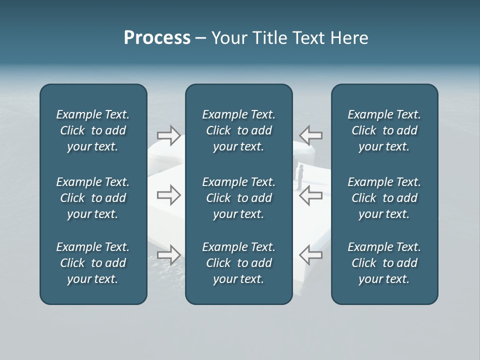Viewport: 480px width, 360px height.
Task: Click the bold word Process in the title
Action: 157,38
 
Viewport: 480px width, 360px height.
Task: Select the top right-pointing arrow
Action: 169,135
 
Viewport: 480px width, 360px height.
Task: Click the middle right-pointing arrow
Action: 169,195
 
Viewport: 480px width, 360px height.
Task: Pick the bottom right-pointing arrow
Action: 169,254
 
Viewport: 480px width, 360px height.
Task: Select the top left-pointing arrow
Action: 310,135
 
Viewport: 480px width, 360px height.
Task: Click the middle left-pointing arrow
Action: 310,195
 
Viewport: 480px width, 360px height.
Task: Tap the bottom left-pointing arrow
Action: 310,254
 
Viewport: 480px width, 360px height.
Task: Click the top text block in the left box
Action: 93,130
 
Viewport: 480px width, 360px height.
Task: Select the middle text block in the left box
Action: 93,198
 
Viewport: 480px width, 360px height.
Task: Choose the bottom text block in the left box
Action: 93,263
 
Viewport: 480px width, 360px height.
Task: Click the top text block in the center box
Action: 239,130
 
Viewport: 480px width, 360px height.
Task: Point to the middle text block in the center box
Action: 239,198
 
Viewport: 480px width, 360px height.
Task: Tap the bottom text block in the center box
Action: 239,263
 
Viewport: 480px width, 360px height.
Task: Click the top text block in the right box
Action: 384,130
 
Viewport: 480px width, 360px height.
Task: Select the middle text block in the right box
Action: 384,198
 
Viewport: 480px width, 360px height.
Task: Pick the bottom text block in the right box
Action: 384,263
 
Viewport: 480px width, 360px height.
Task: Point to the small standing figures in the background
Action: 299,175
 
